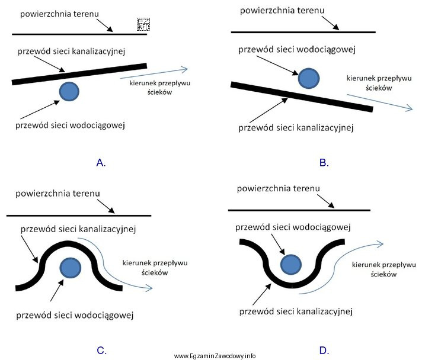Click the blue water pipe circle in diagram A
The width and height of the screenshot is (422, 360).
tap(69, 91)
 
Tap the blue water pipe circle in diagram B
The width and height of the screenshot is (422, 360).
tap(308, 79)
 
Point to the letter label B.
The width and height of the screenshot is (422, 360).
tap(324, 162)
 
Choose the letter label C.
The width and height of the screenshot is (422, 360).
tap(101, 351)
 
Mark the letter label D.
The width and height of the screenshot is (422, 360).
tap(324, 351)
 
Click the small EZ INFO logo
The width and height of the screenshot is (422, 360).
tap(143, 24)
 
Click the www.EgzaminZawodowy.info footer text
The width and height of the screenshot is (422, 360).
tap(215, 356)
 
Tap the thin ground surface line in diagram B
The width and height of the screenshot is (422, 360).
tap(302, 31)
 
